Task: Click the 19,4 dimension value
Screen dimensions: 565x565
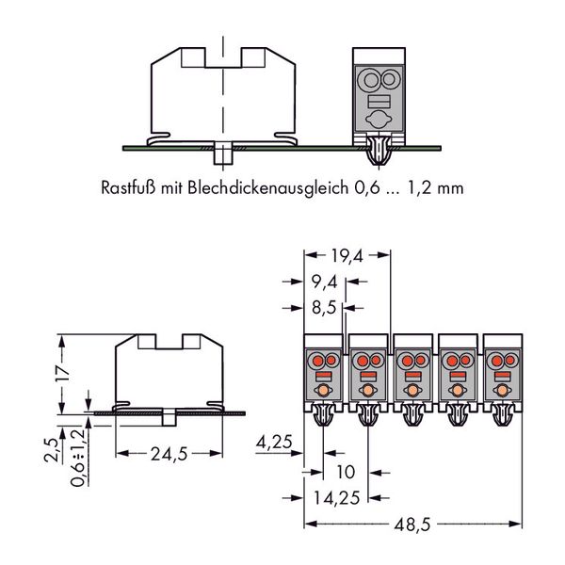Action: pos(347,256)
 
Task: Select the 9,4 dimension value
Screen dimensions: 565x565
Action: pos(325,282)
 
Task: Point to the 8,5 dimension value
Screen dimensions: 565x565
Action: pos(324,308)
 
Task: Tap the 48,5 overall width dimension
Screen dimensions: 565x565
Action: pos(412,525)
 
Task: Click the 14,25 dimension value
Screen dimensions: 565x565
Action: pos(336,498)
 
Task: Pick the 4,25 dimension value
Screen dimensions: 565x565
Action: pos(274,442)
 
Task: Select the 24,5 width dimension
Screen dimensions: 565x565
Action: pos(169,454)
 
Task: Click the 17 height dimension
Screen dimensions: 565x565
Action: pos(62,374)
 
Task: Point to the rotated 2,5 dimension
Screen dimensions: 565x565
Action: pos(51,450)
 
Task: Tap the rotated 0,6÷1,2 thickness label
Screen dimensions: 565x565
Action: pos(78,458)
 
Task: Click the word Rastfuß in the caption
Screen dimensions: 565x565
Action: pos(128,187)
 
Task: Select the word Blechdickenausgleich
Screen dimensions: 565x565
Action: pos(268,188)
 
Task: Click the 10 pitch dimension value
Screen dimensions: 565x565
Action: pos(346,472)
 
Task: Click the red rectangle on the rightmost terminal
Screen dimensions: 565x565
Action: pos(502,377)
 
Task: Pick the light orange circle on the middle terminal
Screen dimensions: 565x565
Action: pos(412,390)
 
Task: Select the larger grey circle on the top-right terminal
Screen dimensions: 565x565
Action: pos(371,79)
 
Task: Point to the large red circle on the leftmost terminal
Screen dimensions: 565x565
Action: pos(317,361)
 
